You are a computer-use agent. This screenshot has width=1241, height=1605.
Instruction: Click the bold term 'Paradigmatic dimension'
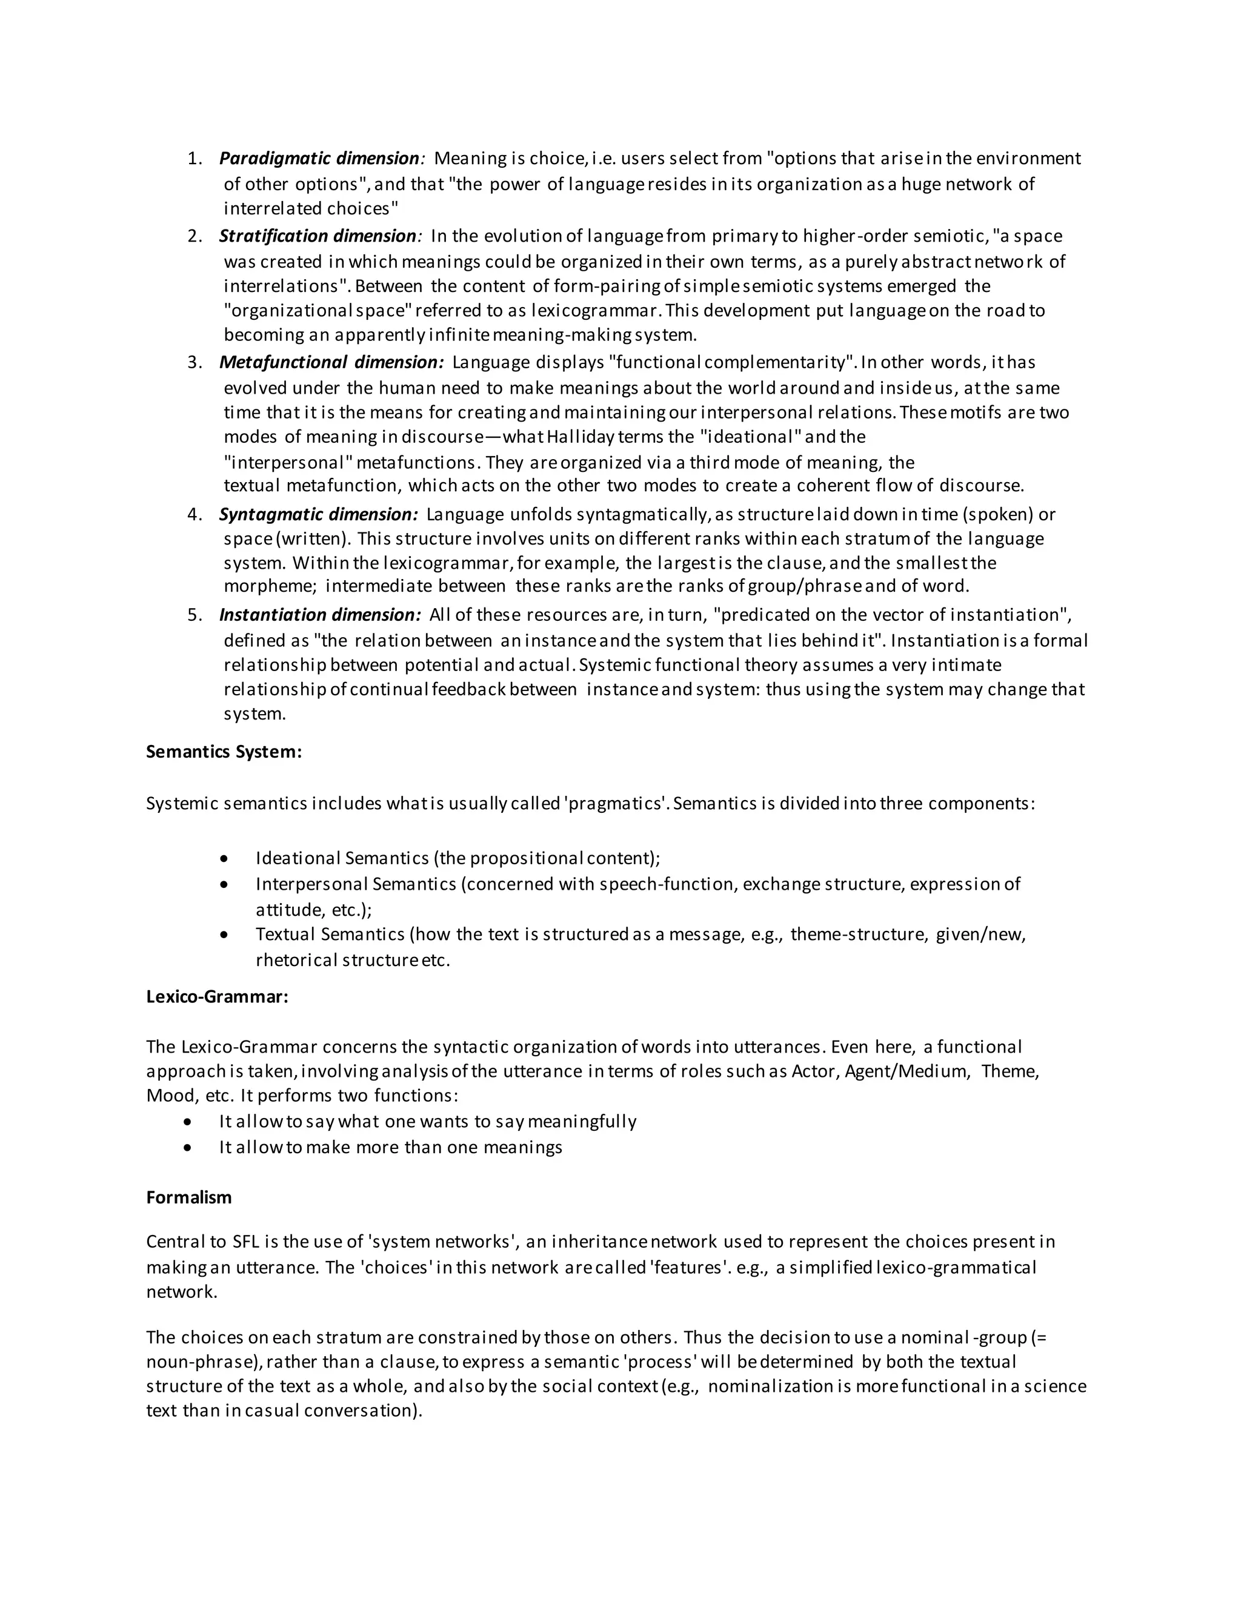(319, 159)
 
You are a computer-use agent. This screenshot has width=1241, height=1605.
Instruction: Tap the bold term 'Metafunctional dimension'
(331, 362)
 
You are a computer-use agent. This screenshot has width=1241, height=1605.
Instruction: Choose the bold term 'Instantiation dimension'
(320, 615)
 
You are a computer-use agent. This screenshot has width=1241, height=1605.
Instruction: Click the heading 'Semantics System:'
(224, 752)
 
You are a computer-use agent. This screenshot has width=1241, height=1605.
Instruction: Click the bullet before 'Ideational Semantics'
(224, 859)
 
